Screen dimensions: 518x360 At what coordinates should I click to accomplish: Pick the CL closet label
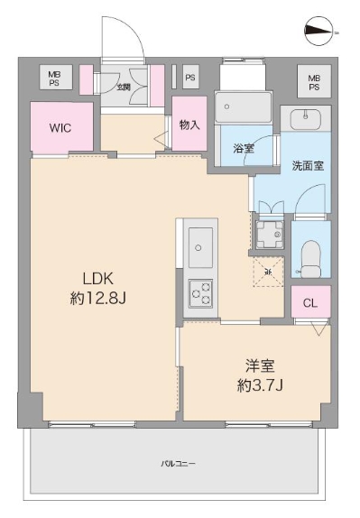(309, 302)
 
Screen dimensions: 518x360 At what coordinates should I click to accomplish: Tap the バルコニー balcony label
(178, 463)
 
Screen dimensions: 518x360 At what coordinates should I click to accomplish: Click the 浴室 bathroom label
(243, 148)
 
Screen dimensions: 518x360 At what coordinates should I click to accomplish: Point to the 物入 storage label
(189, 125)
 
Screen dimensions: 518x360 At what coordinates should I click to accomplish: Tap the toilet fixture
(310, 258)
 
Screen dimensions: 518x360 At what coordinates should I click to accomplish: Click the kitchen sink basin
(200, 244)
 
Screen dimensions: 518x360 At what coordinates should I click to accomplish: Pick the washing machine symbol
(268, 236)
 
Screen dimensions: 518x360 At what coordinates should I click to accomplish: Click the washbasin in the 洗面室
(305, 117)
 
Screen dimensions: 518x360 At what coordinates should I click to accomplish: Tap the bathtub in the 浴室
(245, 110)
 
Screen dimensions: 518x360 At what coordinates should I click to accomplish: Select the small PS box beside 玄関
(190, 78)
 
